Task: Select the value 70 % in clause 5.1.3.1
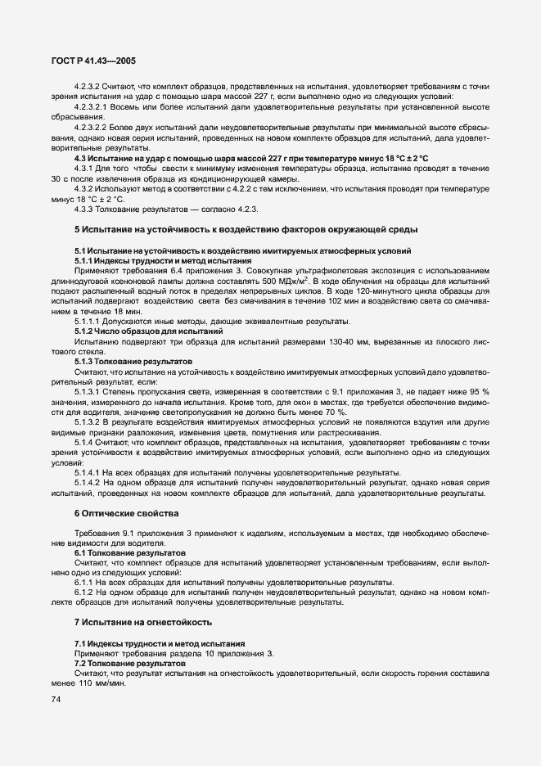click(337, 412)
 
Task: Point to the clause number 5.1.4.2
click(89, 484)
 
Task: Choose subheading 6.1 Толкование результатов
click(129, 553)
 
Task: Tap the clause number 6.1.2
click(84, 592)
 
